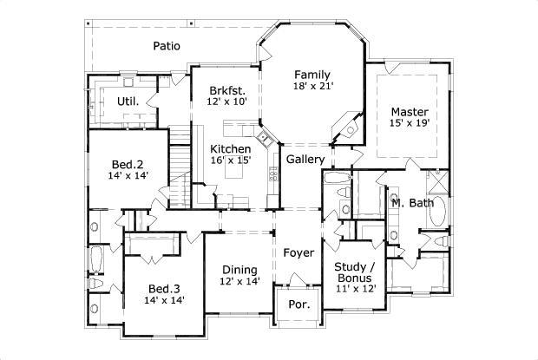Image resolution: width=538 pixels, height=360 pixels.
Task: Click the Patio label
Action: (x=167, y=46)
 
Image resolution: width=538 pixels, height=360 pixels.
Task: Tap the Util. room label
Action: (x=128, y=101)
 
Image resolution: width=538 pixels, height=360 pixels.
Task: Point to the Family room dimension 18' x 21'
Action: (x=313, y=87)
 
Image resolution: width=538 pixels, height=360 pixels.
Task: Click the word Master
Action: (x=408, y=111)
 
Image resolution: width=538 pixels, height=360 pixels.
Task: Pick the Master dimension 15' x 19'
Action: (x=408, y=124)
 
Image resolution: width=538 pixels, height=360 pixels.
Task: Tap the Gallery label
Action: (x=305, y=160)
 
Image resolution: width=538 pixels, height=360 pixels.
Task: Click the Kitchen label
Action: (x=231, y=149)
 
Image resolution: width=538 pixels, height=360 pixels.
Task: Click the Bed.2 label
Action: (x=127, y=164)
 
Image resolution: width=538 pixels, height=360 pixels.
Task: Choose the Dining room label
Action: (x=239, y=269)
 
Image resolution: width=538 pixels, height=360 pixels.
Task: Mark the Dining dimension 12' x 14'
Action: (x=239, y=282)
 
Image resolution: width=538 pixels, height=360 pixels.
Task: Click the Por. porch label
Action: (x=298, y=305)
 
